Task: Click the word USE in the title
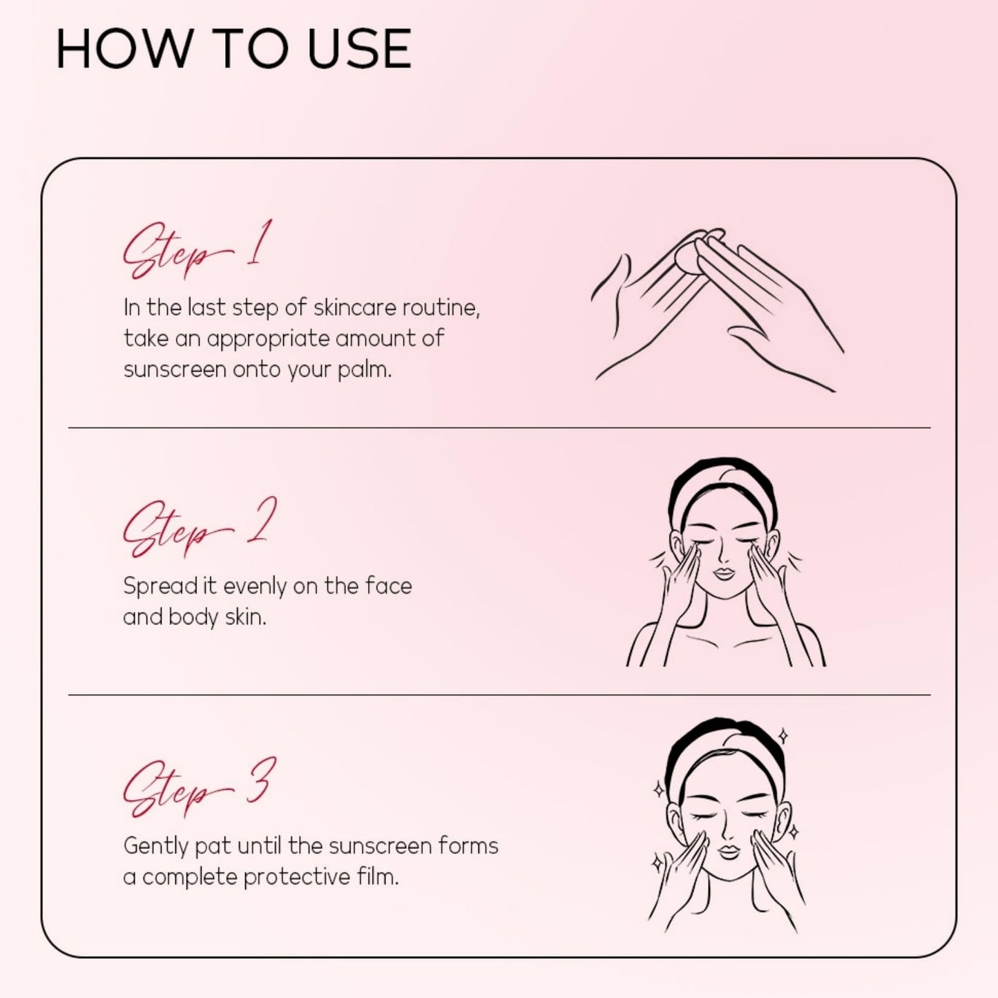tap(359, 48)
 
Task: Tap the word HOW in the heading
tap(123, 48)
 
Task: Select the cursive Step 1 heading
tap(198, 249)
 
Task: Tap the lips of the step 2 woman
tap(724, 575)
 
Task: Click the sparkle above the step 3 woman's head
tap(784, 736)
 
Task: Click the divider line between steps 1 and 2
tap(499, 428)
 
